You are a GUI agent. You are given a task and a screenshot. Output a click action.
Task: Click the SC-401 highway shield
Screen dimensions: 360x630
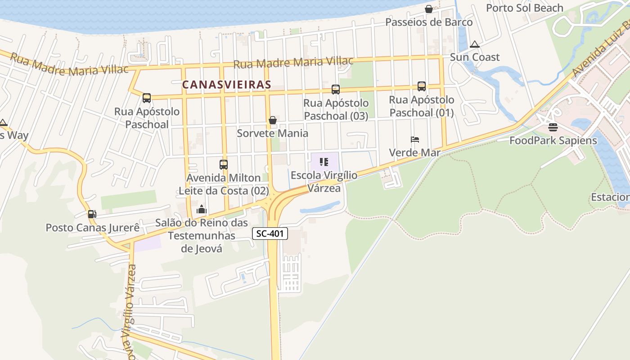(x=270, y=234)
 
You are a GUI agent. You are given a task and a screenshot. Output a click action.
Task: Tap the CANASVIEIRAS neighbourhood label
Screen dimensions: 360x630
(x=226, y=84)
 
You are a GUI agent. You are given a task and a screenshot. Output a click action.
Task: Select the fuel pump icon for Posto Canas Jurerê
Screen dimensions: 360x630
(x=92, y=214)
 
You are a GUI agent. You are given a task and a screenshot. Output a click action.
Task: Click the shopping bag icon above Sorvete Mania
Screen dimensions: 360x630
(x=272, y=120)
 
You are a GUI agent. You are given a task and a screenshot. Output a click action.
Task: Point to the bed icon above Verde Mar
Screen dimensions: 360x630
(x=415, y=139)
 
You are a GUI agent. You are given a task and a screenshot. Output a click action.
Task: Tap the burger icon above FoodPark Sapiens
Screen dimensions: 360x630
(x=553, y=127)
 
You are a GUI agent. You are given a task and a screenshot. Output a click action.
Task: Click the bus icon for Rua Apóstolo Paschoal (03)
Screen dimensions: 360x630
(x=335, y=90)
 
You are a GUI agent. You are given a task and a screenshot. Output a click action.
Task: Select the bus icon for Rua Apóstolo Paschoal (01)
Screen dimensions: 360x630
(x=421, y=86)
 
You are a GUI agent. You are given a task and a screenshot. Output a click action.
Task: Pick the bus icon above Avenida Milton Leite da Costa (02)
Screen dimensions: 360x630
(x=224, y=165)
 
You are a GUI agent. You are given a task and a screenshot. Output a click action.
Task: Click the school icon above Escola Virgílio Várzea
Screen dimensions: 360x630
(x=324, y=162)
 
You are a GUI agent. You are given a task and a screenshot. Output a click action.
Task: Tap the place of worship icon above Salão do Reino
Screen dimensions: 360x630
(x=202, y=209)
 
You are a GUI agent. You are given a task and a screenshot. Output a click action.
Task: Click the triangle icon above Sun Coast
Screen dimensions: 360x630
(x=474, y=44)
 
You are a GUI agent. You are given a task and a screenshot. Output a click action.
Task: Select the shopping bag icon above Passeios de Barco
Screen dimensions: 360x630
(x=428, y=9)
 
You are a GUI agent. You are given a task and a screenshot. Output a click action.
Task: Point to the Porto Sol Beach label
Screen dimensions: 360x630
(x=524, y=8)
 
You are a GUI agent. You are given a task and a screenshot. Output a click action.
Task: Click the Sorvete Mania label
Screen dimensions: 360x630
(x=273, y=133)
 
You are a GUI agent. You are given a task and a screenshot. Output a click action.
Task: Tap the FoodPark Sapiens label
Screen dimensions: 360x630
(x=553, y=140)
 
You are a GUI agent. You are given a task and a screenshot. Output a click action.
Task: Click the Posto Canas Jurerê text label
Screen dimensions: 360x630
(x=93, y=228)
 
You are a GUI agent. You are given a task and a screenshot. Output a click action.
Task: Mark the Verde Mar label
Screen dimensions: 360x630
(x=414, y=153)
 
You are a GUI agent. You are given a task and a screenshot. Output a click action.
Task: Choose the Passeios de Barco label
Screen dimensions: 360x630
(x=429, y=22)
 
